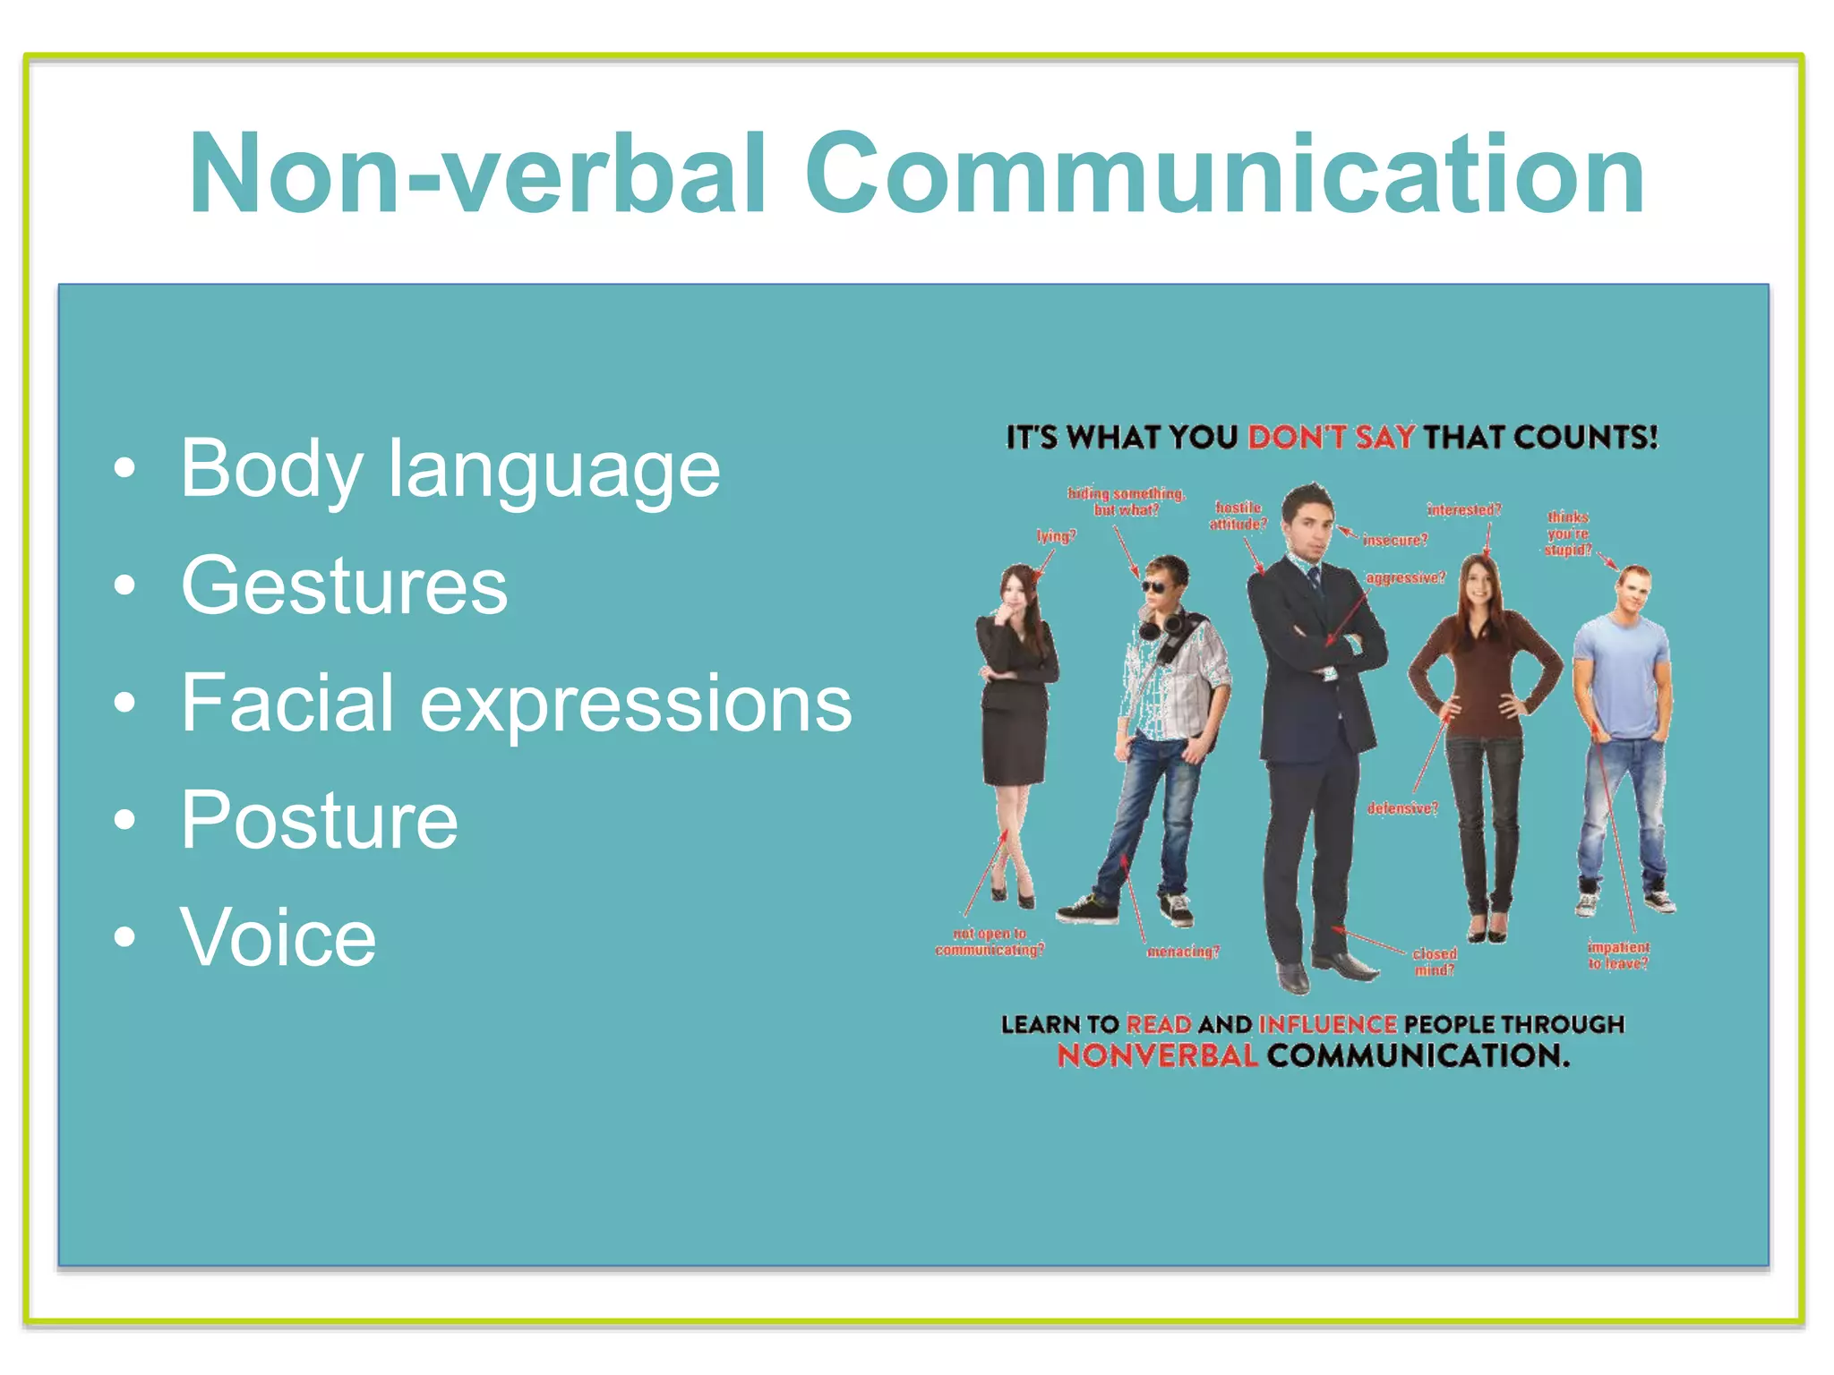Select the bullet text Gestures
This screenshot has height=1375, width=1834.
pos(344,585)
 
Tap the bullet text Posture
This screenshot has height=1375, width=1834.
pos(319,820)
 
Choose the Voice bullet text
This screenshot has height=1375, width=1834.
pos(278,937)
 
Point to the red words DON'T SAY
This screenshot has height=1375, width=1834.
pos(1332,438)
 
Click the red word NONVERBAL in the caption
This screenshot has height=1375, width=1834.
pos(1157,1056)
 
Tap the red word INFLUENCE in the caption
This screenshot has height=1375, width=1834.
pos(1327,1024)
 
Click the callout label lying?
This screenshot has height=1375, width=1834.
pos(1056,536)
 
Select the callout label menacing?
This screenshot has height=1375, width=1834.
pos(1183,952)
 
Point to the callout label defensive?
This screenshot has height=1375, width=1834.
pos(1402,808)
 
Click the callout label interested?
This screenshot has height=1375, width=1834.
pos(1464,510)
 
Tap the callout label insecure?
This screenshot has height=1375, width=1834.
pos(1395,540)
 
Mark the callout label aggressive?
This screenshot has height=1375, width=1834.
pos(1405,577)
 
